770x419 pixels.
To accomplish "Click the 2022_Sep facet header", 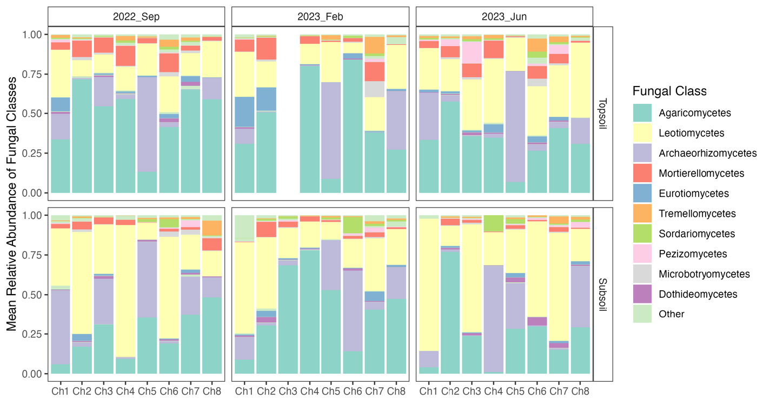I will coord(136,16).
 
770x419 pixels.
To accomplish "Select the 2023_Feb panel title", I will coord(320,16).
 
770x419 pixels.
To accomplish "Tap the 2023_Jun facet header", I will coord(504,16).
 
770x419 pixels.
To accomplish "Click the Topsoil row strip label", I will coord(603,114).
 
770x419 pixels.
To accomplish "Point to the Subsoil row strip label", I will coord(603,295).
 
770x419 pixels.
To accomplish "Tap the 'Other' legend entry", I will coord(671,314).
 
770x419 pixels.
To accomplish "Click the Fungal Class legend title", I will coord(669,91).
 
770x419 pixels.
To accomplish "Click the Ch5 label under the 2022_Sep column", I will coord(147,391).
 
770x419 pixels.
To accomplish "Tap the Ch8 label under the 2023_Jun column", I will coord(580,391).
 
